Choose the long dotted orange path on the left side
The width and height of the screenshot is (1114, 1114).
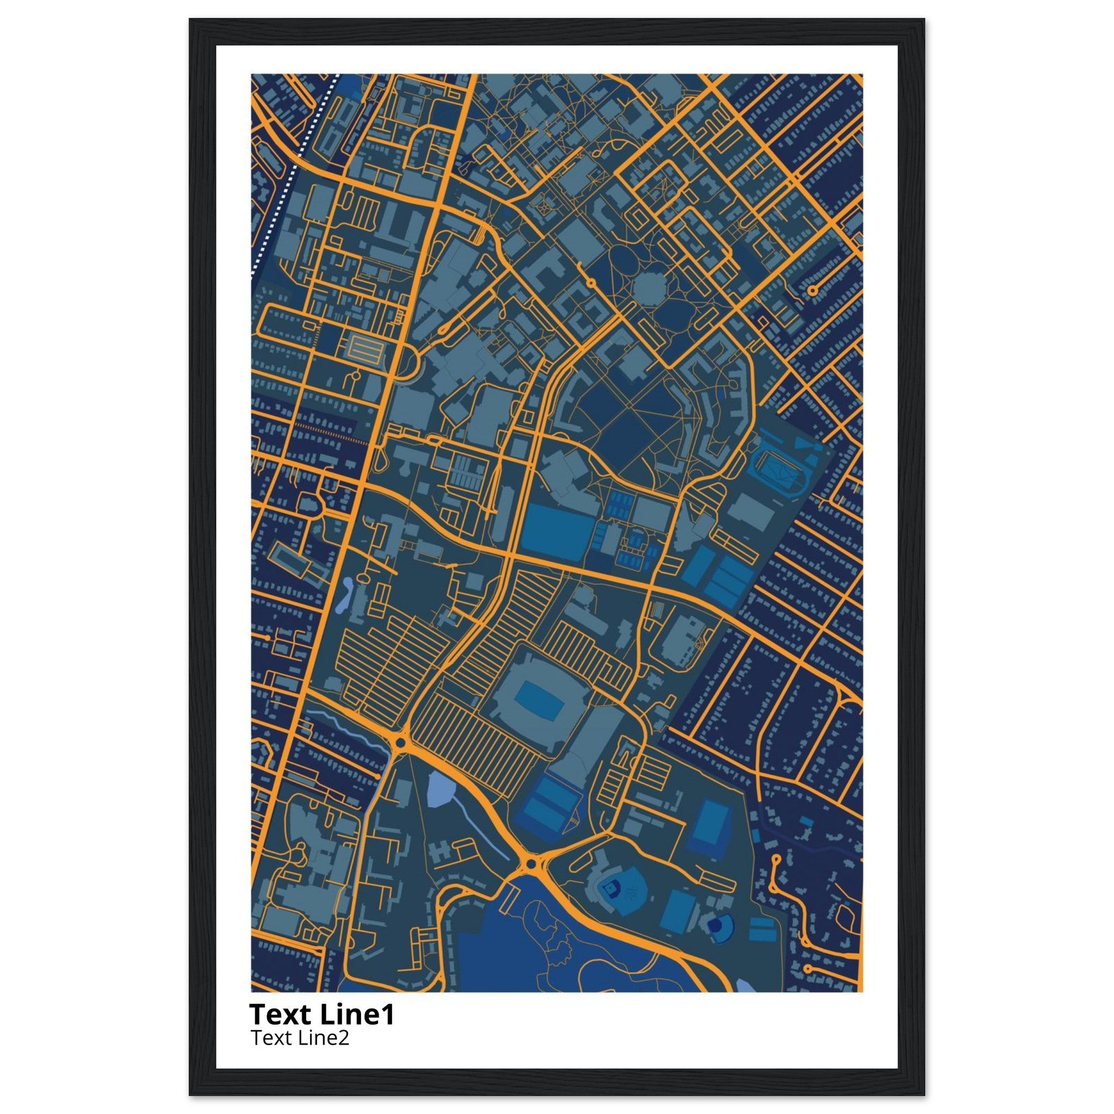(331, 434)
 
